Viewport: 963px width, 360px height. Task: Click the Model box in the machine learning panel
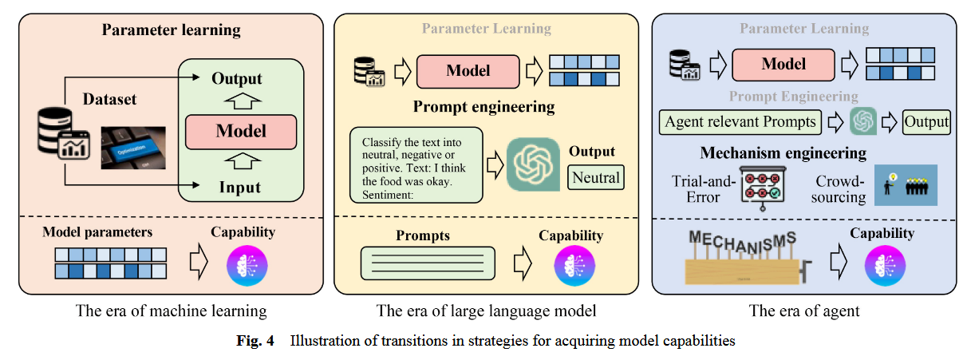[240, 131]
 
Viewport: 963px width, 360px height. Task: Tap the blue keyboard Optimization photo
[132, 148]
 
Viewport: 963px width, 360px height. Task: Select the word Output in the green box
[237, 79]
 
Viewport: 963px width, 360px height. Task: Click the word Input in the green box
[239, 188]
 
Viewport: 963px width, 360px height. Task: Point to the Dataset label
[110, 100]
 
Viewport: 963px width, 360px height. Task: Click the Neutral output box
[595, 176]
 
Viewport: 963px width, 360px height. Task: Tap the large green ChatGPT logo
[533, 164]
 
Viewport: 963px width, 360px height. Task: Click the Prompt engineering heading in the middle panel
[483, 106]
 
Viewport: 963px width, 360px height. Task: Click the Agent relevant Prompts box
[741, 122]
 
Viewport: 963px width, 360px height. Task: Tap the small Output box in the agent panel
[926, 122]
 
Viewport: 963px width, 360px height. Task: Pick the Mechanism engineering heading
[783, 152]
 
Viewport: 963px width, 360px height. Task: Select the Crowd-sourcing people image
[905, 185]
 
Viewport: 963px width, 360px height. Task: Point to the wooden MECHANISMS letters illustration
[743, 257]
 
